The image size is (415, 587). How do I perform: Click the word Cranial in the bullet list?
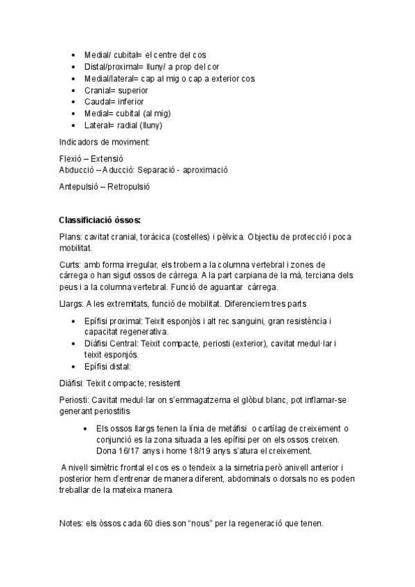98,89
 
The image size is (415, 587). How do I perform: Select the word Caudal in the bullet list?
98,101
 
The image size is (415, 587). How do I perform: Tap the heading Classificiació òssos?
100,221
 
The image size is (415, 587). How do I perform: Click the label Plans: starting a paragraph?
71,236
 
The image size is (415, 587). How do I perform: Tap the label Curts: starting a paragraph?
71,264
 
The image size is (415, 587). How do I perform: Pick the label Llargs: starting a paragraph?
72,303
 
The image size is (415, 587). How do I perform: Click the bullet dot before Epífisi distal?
75,366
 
